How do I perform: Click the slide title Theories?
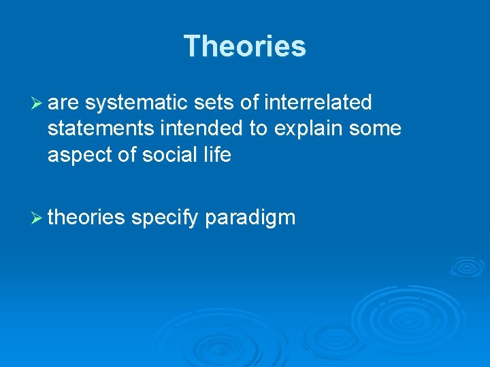coord(245,46)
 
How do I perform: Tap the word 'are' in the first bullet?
coord(64,103)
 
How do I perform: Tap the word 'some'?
coord(375,129)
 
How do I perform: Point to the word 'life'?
coord(218,155)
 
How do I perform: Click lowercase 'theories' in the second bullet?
coord(86,217)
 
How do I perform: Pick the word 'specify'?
coord(165,218)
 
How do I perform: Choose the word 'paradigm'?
coord(250,218)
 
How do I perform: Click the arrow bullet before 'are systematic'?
coord(37,103)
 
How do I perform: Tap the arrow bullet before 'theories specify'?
coord(37,217)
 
